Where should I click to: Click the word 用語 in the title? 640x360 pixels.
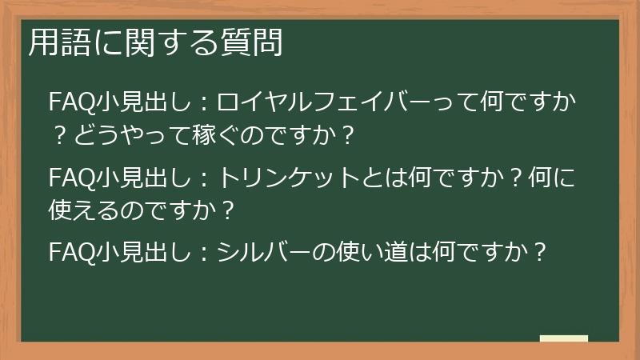tap(55, 43)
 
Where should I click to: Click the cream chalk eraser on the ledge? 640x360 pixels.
tap(563, 338)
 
